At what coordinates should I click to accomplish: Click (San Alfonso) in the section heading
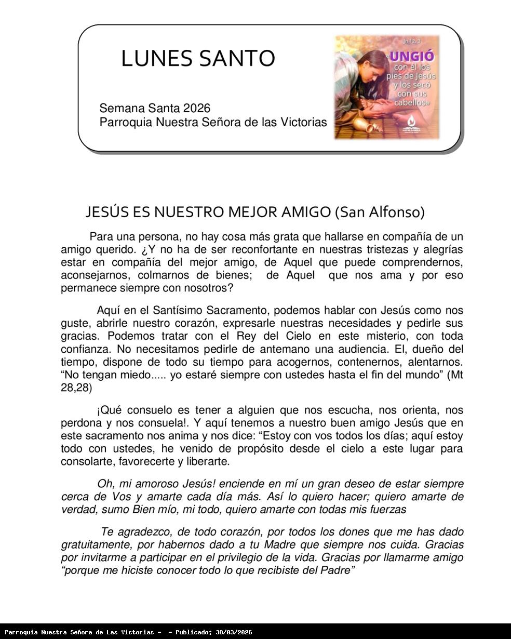tap(380, 212)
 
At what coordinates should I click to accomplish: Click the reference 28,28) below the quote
tap(76, 388)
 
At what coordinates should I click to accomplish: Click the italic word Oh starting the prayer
tap(105, 484)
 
